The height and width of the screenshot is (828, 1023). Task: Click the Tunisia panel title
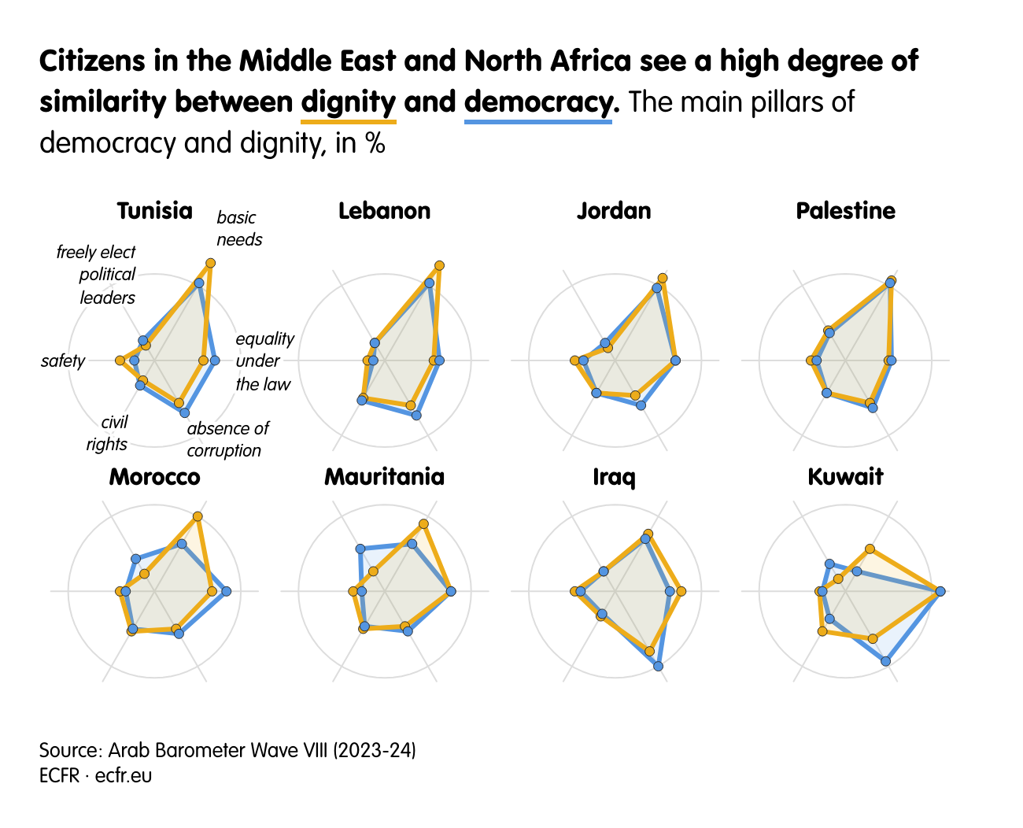(x=154, y=211)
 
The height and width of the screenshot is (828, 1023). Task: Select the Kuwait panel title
(x=845, y=477)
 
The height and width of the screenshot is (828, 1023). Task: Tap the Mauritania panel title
(x=384, y=477)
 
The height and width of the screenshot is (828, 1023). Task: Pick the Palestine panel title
(x=845, y=211)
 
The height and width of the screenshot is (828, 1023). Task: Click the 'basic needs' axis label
(x=238, y=228)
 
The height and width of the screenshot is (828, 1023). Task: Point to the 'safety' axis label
(x=63, y=360)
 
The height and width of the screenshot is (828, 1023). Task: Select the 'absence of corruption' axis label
(x=227, y=439)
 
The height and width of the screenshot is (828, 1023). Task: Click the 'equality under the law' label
(x=264, y=361)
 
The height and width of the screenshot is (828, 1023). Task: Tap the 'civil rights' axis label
(x=108, y=433)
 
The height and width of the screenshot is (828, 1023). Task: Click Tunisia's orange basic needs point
(x=210, y=263)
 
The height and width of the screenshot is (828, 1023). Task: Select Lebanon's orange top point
(x=439, y=266)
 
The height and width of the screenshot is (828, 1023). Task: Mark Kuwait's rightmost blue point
(x=940, y=591)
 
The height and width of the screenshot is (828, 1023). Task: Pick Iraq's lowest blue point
(x=658, y=666)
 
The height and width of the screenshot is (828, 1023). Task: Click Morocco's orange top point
(x=198, y=517)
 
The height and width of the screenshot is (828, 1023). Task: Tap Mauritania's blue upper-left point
(x=360, y=549)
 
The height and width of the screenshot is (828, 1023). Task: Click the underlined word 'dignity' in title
(x=349, y=102)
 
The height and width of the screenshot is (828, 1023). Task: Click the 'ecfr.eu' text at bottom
(x=124, y=776)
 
